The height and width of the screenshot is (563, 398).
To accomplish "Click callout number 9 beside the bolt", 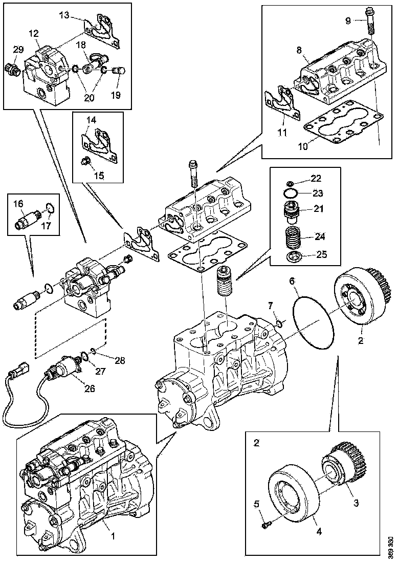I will (348, 21).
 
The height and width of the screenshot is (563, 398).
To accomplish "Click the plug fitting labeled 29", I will (12, 68).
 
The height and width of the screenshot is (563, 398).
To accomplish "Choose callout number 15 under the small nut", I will (99, 175).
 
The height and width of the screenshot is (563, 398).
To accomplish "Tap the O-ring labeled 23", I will (291, 193).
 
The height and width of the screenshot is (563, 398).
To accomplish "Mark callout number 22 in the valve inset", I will (316, 178).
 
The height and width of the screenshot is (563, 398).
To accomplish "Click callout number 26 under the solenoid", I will (90, 388).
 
